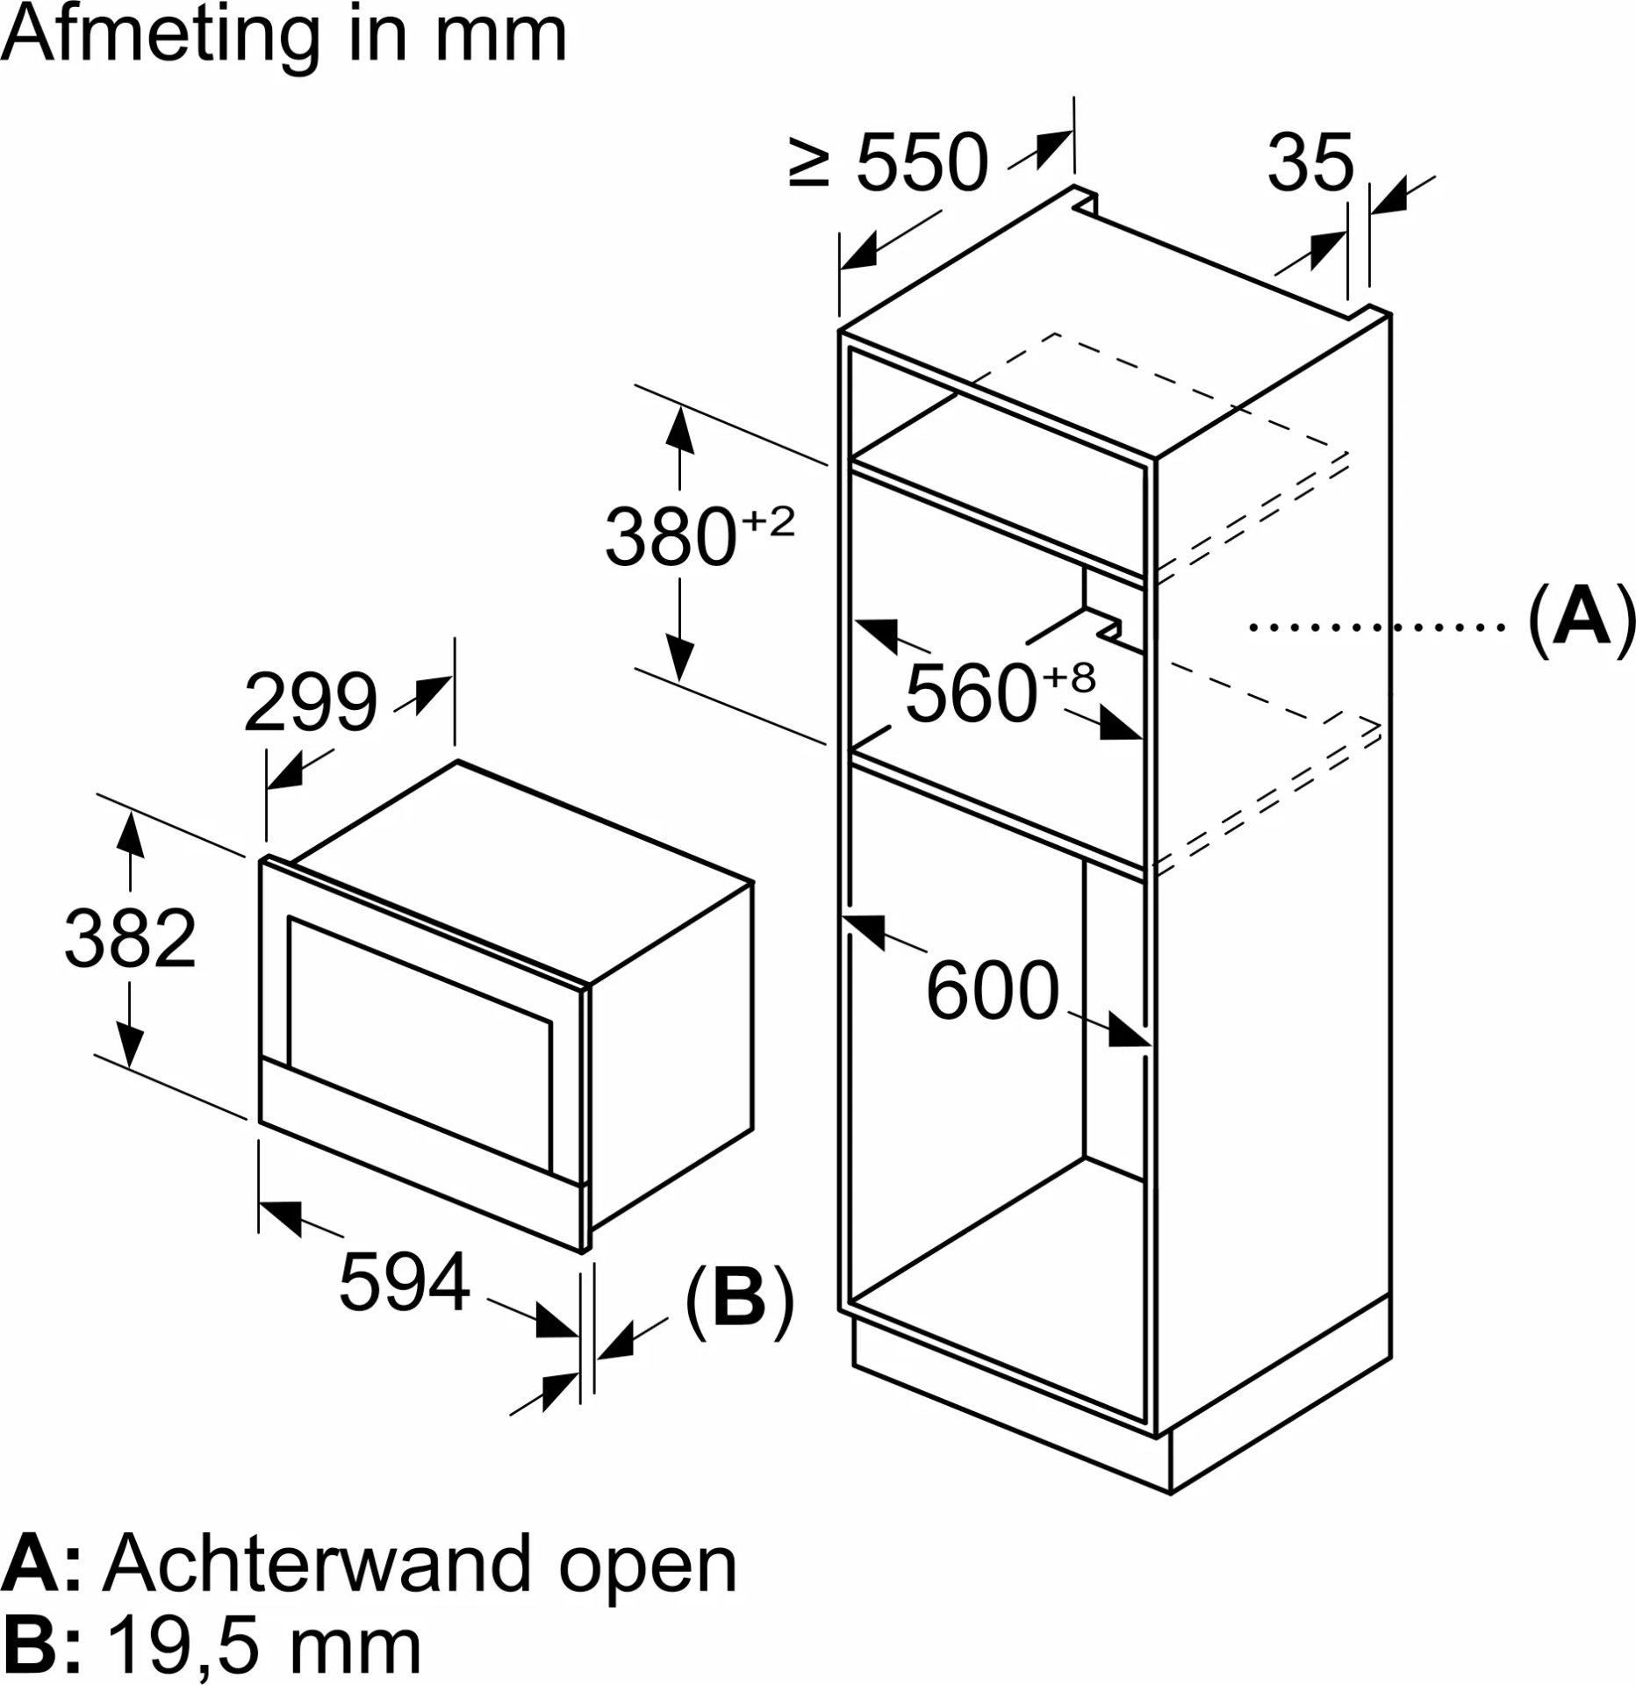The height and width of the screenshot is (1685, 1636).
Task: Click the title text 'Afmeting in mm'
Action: pyautogui.click(x=285, y=37)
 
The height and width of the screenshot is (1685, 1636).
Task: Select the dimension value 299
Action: pyautogui.click(x=311, y=703)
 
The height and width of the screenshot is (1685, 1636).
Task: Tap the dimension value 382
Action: pyautogui.click(x=130, y=939)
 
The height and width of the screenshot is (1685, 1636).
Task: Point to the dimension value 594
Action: pyautogui.click(x=405, y=1283)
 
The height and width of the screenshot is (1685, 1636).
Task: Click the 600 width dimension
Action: pyautogui.click(x=992, y=991)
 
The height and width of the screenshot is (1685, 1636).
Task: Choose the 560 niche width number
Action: pyautogui.click(x=972, y=694)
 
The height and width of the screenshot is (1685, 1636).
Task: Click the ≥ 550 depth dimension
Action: pyautogui.click(x=888, y=163)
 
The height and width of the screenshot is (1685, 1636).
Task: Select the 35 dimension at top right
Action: pyautogui.click(x=1310, y=163)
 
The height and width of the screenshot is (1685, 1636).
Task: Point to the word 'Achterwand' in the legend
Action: pyautogui.click(x=318, y=1564)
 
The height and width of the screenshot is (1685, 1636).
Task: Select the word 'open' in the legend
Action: pyautogui.click(x=648, y=1564)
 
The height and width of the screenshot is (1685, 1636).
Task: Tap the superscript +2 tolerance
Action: pyautogui.click(x=768, y=523)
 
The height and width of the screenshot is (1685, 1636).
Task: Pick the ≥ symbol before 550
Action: pyautogui.click(x=808, y=163)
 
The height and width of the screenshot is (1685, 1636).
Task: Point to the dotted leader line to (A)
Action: pyautogui.click(x=1377, y=627)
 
